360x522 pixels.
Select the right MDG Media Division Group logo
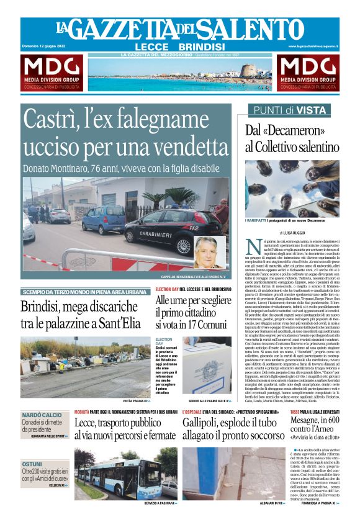coord(308,73)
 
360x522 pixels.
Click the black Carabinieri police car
coord(171,230)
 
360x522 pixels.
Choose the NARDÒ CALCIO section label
coord(42,414)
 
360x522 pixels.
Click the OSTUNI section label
coord(32,464)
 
